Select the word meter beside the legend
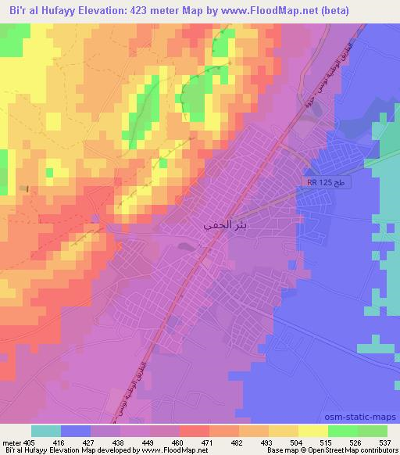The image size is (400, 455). (x=12, y=442)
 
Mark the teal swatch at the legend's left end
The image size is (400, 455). (x=46, y=431)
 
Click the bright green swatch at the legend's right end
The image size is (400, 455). (x=373, y=431)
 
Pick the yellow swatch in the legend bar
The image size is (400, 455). (x=313, y=431)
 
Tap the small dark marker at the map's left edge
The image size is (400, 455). (x=27, y=188)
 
